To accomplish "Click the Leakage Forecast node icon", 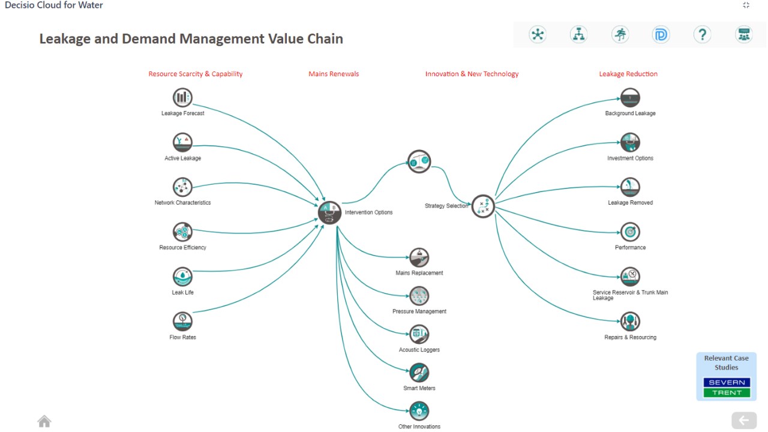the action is pos(182,97).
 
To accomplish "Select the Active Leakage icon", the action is pos(182,142).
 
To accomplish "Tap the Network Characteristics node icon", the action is pos(182,187).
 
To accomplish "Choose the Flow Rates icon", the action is pos(182,322).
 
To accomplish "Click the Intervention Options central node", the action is pos(329,212).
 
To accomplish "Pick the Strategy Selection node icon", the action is pos(483,206).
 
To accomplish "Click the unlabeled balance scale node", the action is pos(419,161).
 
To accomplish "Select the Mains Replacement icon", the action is pos(419,257).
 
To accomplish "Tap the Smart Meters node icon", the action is pos(419,373).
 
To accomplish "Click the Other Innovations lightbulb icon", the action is pos(419,411).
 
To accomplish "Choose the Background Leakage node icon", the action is pos(630,97).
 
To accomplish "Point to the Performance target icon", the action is pos(630,232).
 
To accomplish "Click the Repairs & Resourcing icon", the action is pos(630,322).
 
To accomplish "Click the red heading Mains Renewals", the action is pos(334,74).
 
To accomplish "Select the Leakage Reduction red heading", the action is pos(628,74).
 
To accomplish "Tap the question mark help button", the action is pos(702,35).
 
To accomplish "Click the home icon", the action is pos(44,421).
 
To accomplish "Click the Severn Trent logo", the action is pos(727,388).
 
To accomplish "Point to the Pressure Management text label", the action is pos(419,311).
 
